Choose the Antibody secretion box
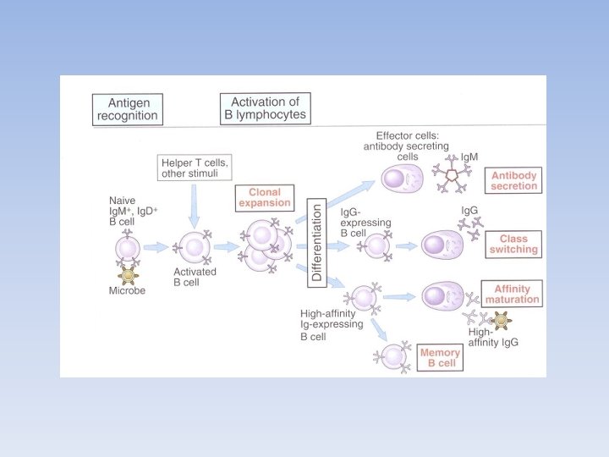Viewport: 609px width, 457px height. (x=515, y=179)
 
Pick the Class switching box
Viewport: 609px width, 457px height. (x=513, y=244)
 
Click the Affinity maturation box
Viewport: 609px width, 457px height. (x=512, y=294)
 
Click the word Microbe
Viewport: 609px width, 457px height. (x=129, y=290)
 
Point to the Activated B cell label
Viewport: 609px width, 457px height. (x=195, y=277)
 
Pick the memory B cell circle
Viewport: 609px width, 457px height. (x=393, y=355)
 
